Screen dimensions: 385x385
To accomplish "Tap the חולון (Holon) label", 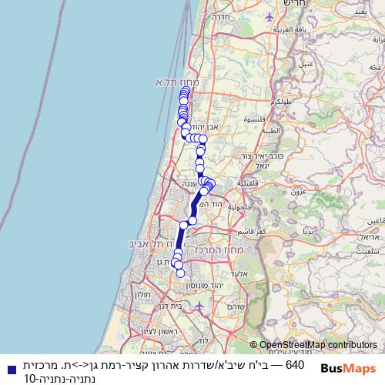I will (x=143, y=294).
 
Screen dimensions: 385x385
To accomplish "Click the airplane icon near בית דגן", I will (x=200, y=306).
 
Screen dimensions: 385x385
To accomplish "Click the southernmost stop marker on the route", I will (x=181, y=273).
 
